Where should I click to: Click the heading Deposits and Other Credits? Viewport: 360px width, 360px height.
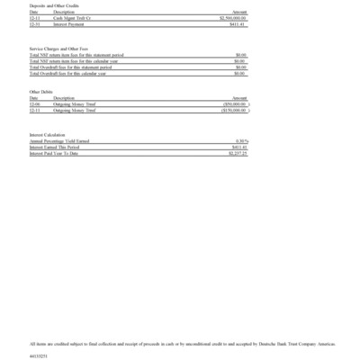pyautogui.click(x=55, y=5)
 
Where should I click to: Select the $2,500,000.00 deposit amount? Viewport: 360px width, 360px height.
pyautogui.click(x=233, y=17)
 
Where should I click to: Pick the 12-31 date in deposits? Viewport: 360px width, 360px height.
pyautogui.click(x=34, y=22)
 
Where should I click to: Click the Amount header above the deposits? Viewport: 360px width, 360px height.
pyautogui.click(x=239, y=12)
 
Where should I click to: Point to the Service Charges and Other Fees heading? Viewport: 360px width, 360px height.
pyautogui.click(x=59, y=48)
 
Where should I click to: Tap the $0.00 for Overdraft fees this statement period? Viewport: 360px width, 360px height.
pyautogui.click(x=240, y=67)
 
